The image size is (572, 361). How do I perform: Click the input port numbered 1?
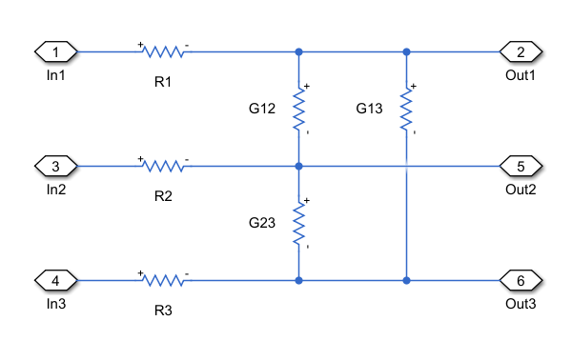point(55,51)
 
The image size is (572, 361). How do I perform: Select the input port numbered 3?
point(55,166)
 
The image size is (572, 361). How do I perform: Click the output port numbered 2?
point(521,51)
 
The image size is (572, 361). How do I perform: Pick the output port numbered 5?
point(521,166)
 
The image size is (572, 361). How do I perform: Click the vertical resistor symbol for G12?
point(299,109)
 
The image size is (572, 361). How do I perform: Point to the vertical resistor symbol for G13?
point(407,109)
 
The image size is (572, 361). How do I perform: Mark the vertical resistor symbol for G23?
point(299,223)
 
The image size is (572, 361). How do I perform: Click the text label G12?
point(262,109)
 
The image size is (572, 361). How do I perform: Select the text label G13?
point(370,109)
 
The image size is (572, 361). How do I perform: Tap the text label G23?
point(262,223)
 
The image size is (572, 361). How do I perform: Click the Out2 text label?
point(521,190)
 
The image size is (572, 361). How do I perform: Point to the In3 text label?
point(55,304)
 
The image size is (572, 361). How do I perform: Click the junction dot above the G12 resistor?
point(299,51)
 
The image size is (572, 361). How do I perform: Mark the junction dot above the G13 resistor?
point(407,51)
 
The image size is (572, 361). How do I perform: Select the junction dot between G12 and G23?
point(299,166)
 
